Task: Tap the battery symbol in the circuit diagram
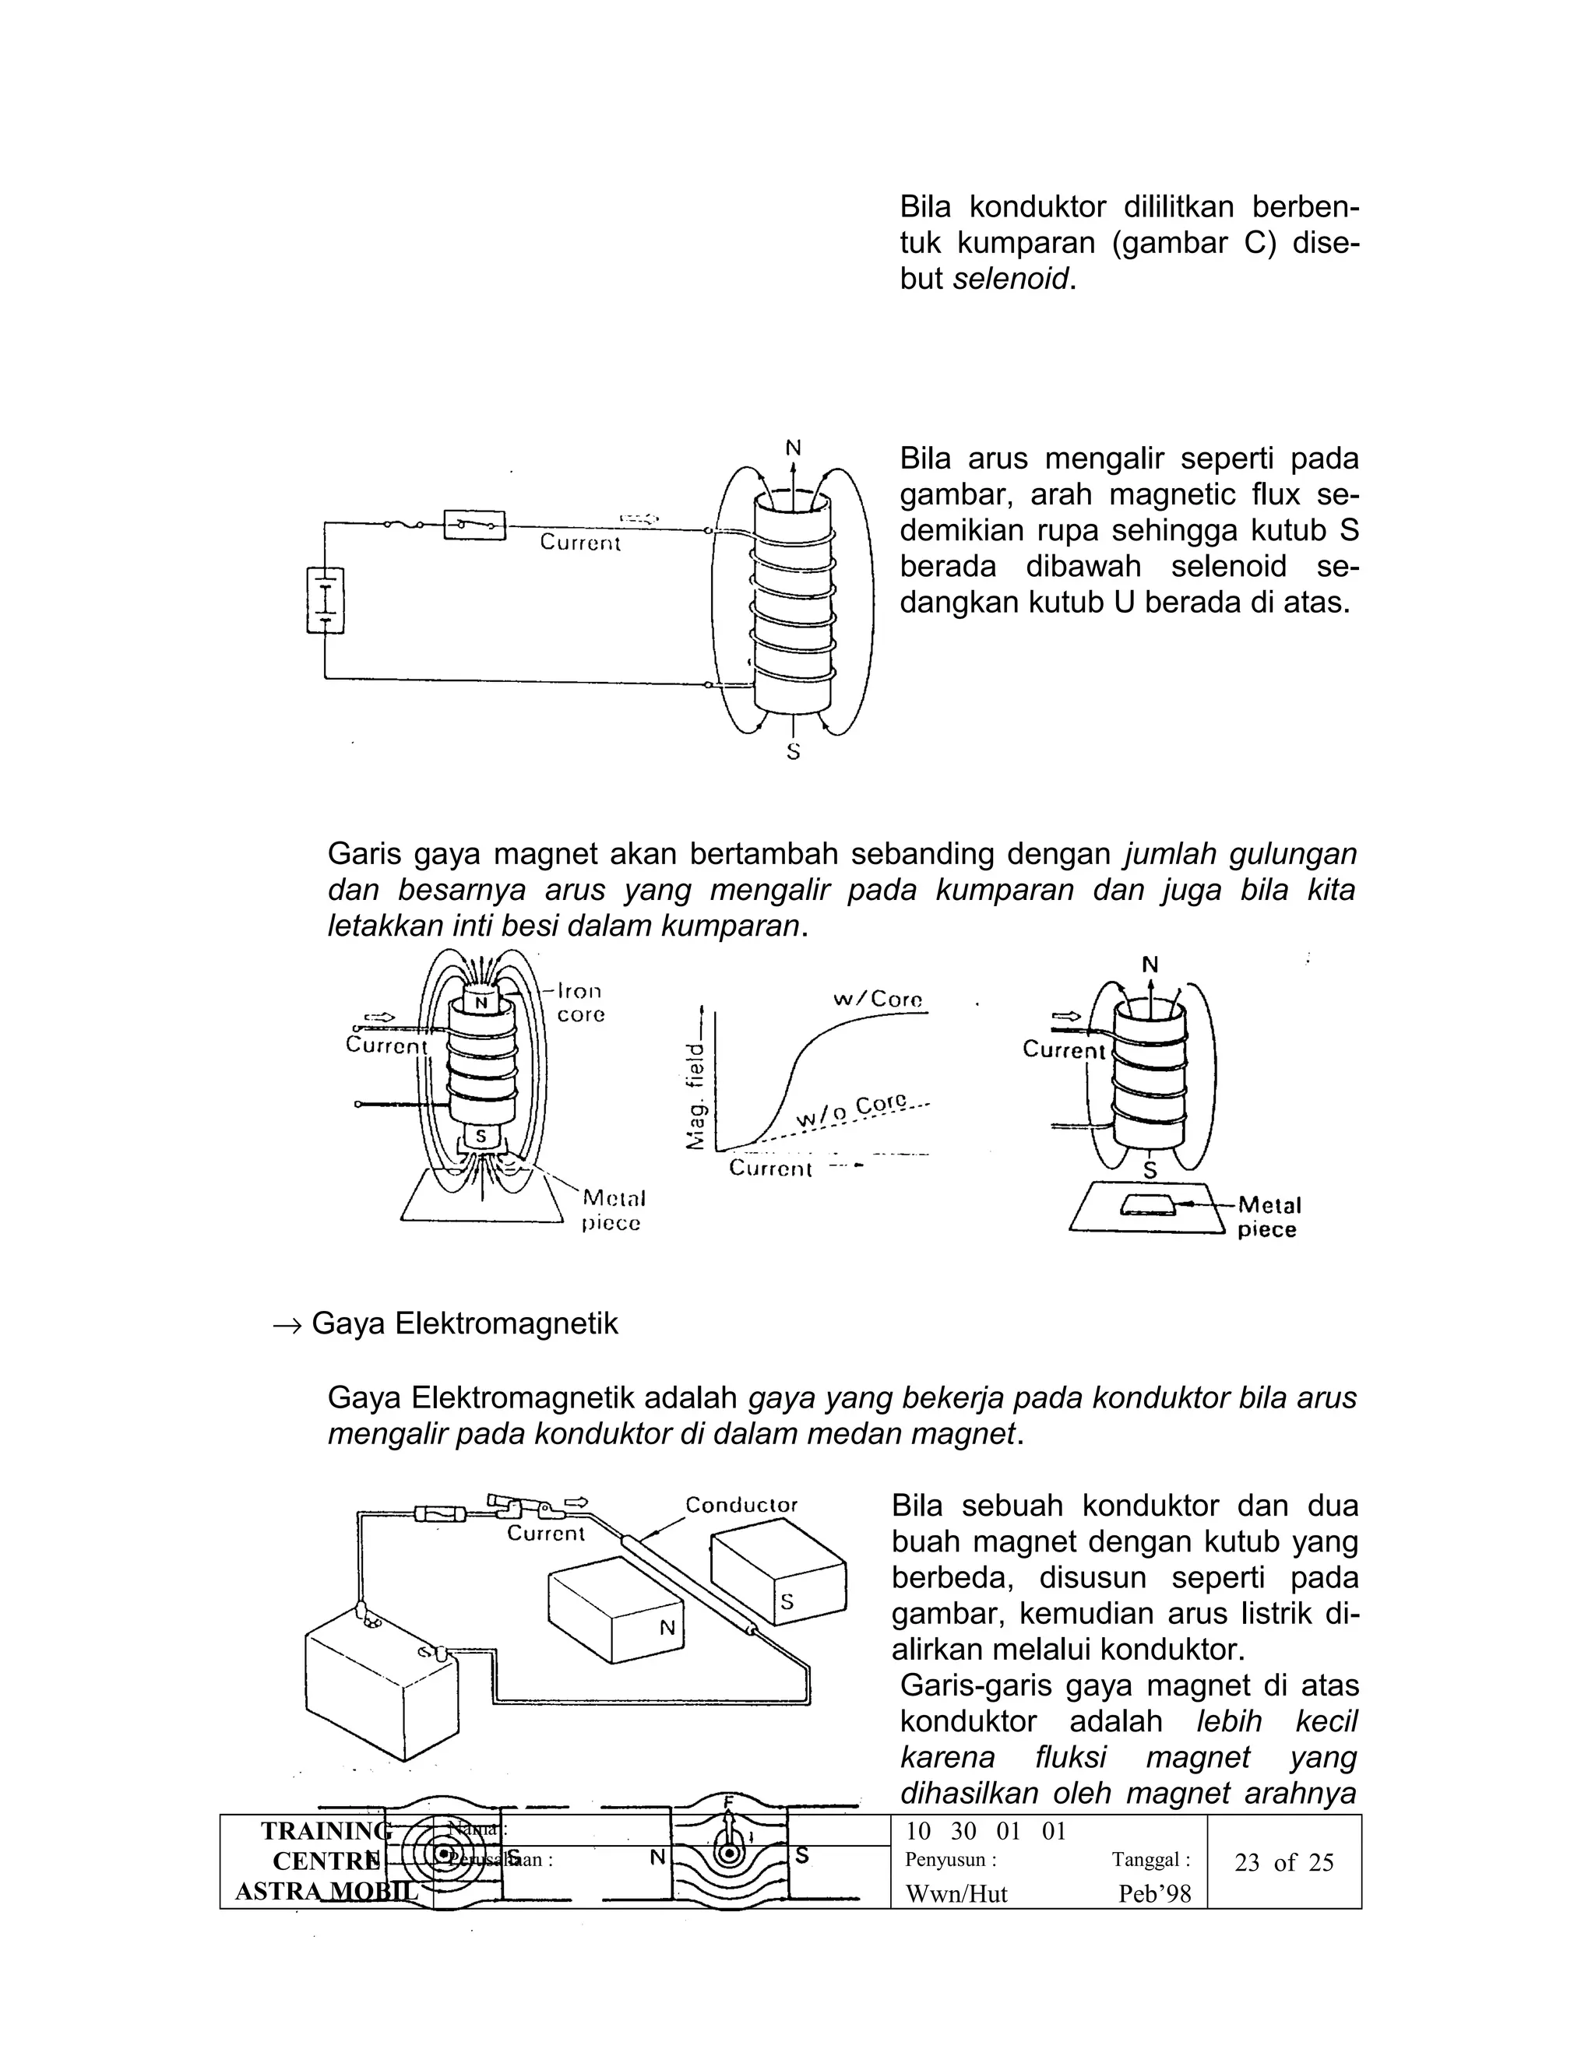click(325, 599)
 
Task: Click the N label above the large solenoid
click(794, 447)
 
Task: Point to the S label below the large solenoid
click(794, 753)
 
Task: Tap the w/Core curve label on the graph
click(877, 1000)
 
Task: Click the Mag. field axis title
click(695, 1096)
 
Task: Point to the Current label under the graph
click(769, 1169)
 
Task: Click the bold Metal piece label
click(1268, 1218)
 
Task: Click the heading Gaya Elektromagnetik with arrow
click(445, 1323)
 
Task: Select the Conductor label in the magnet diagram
click(741, 1505)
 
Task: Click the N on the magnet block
click(667, 1628)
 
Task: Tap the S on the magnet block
click(786, 1601)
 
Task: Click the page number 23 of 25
click(1283, 1863)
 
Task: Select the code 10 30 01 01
click(985, 1832)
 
